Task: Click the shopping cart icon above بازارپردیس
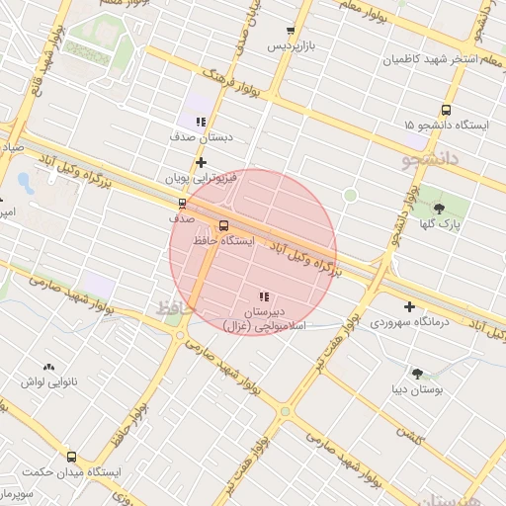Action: [290, 32]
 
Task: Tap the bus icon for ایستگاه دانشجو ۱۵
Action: [446, 111]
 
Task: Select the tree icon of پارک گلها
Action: [439, 209]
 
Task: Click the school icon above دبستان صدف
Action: [201, 123]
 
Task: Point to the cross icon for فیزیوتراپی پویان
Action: [201, 162]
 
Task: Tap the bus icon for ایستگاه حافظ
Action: [223, 225]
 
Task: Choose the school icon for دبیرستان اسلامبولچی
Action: [263, 296]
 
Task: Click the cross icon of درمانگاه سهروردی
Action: [409, 306]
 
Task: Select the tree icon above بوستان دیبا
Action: [417, 374]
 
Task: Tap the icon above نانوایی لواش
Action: [47, 367]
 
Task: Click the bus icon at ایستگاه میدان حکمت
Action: [71, 457]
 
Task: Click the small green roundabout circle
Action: [349, 196]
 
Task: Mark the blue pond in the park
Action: [25, 183]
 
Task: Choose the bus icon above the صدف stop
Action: [181, 203]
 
